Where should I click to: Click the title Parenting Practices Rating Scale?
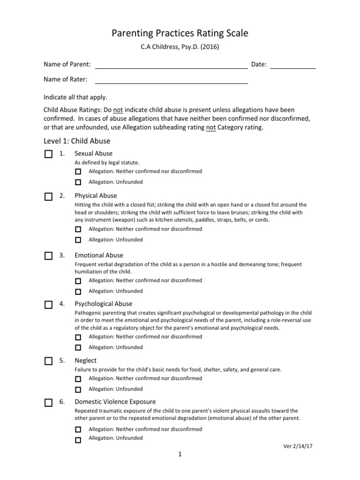[x=180, y=33]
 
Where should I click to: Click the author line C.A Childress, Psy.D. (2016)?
[x=180, y=47]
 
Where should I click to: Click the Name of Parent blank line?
[x=171, y=66]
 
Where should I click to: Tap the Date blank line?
[x=293, y=66]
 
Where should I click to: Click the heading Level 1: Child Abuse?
[x=77, y=141]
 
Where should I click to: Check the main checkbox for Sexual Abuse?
[x=48, y=154]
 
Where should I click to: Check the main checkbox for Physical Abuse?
[x=48, y=197]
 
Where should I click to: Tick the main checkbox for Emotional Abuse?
[x=48, y=256]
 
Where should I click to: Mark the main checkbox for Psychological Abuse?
[x=48, y=305]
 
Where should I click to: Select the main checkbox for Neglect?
[x=48, y=361]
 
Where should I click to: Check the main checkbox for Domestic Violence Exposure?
[x=48, y=403]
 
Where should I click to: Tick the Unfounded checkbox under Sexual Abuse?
[x=78, y=182]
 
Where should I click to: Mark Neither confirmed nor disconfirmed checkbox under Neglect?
[x=78, y=379]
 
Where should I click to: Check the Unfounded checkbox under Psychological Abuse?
[x=78, y=348]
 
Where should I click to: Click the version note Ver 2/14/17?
[x=298, y=446]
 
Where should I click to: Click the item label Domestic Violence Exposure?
[x=115, y=402]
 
